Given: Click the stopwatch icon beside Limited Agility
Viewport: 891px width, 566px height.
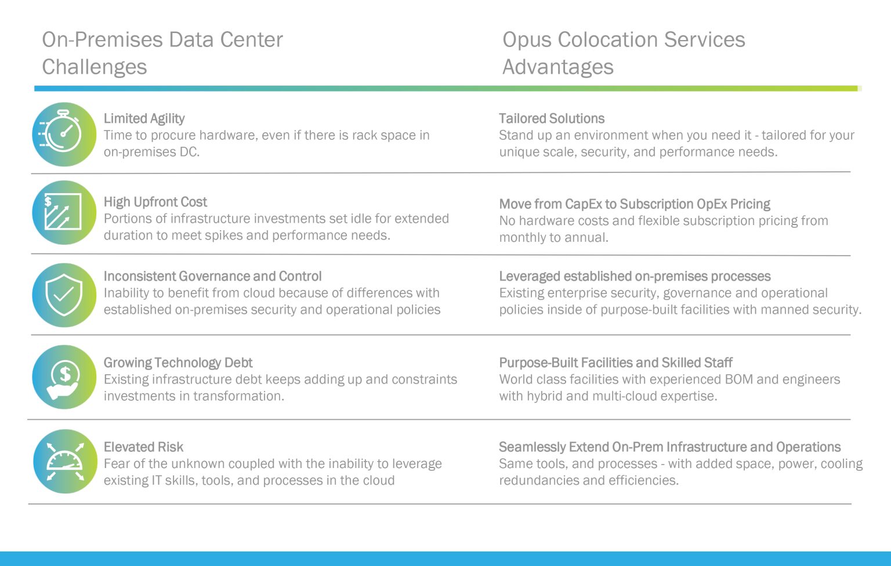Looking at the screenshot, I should point(64,135).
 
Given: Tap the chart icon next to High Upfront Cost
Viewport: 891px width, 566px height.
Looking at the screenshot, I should point(64,213).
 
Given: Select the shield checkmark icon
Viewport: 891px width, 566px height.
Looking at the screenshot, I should point(64,295).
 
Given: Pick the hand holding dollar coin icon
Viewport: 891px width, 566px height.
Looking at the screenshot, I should point(64,378).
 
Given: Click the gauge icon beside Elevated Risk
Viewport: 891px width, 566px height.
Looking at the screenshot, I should point(65,462).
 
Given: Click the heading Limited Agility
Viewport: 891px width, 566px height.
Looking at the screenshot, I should point(144,119).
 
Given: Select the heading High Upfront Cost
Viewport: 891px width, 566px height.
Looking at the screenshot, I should point(155,202).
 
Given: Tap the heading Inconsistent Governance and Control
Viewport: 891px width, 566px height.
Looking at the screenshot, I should point(212,277).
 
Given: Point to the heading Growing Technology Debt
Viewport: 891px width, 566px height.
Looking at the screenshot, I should point(178,363).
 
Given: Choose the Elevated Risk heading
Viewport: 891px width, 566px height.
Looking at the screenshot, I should point(143,447).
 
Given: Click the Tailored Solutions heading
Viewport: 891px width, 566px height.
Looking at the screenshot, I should point(551,119).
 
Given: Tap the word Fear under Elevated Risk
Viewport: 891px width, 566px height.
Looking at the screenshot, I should point(116,464).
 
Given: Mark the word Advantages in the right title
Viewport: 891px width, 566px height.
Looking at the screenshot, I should point(557,67).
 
